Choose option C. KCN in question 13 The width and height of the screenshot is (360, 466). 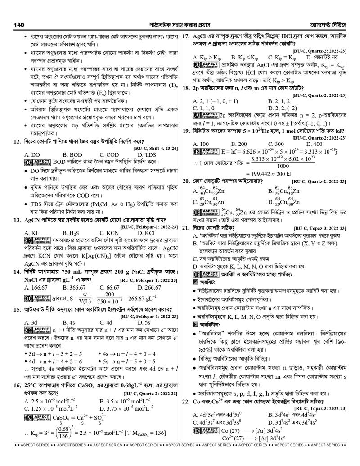110,233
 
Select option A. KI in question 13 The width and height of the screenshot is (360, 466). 31,233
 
